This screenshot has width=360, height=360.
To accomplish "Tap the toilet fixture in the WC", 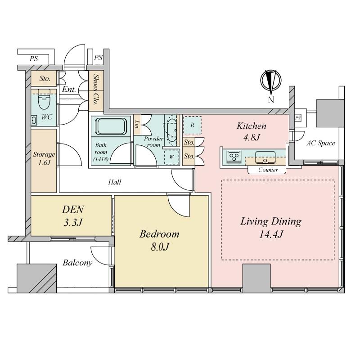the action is click(x=44, y=99).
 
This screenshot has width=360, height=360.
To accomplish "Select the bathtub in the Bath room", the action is click(x=111, y=126).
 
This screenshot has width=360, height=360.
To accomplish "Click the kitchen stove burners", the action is click(x=234, y=157).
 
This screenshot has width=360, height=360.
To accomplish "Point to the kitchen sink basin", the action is click(x=265, y=157).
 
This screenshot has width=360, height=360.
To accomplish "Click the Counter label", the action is click(x=268, y=170).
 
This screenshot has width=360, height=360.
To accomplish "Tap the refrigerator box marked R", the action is click(x=193, y=125).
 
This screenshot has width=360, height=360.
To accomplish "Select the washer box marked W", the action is click(x=171, y=157).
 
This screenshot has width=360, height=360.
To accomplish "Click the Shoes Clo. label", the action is click(x=96, y=89).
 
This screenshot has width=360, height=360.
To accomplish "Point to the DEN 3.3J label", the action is click(x=73, y=216).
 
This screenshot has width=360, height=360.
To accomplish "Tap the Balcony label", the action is click(x=77, y=263).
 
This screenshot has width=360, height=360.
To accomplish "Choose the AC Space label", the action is click(x=321, y=143).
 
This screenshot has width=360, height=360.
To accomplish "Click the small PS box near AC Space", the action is click(x=298, y=118).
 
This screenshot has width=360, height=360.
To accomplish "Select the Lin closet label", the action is click(x=137, y=124).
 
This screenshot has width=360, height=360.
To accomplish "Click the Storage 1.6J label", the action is click(x=44, y=158).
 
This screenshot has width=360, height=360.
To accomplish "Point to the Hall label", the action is click(x=115, y=182).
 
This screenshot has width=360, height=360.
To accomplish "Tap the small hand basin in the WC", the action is click(x=34, y=121).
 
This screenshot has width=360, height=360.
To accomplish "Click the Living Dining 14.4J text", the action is click(x=271, y=228).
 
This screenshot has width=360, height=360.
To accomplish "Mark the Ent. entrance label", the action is click(x=69, y=89).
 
